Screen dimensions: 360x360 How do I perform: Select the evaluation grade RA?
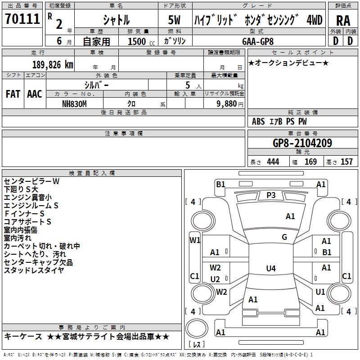pyautogui.click(x=343, y=20)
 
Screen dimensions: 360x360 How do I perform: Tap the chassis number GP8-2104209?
pyautogui.click(x=302, y=144)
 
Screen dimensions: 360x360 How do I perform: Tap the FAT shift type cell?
pyautogui.click(x=13, y=94)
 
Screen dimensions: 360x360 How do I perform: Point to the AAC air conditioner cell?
pyautogui.click(x=35, y=94)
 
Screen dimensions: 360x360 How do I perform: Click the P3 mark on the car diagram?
pyautogui.click(x=271, y=195)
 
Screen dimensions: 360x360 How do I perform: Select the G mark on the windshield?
pyautogui.click(x=284, y=237)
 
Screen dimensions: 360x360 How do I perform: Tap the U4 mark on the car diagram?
pyautogui.click(x=270, y=269)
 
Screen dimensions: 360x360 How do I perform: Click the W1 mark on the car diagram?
pyautogui.click(x=194, y=240)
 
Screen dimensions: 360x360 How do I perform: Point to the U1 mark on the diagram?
pyautogui.click(x=320, y=292)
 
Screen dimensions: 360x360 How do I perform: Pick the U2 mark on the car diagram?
pyautogui.click(x=215, y=279)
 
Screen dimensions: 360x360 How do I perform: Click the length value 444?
pyautogui.click(x=273, y=162)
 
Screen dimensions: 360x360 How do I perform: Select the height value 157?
pyautogui.click(x=346, y=162)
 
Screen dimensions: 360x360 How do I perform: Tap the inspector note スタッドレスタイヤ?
pyautogui.click(x=34, y=270)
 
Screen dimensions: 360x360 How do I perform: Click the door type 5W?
pyautogui.click(x=175, y=20)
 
